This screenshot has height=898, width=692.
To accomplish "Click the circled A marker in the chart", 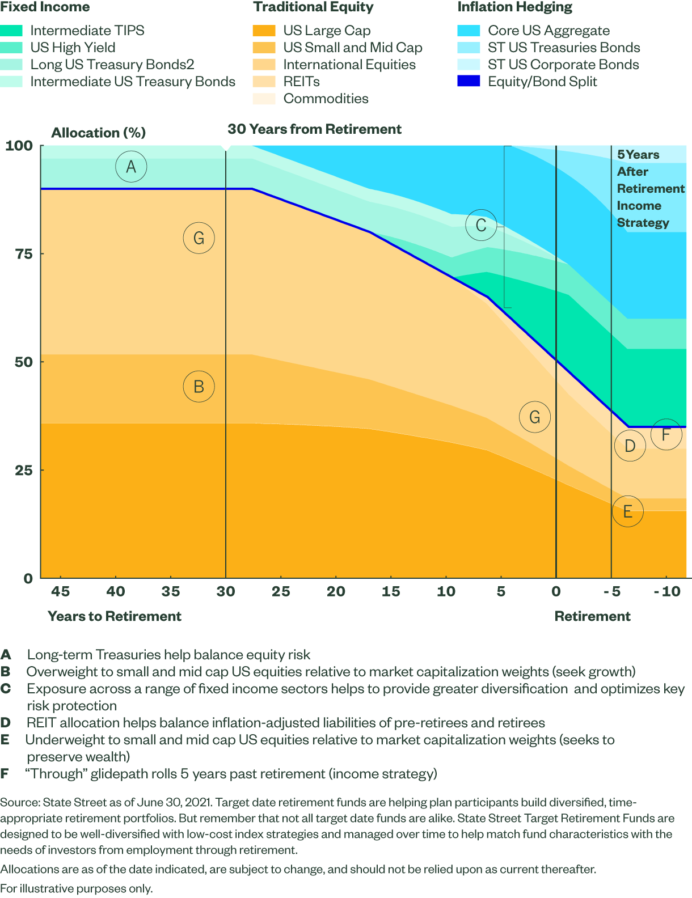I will coord(131,167).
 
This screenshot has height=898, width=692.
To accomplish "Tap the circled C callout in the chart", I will coord(481,225).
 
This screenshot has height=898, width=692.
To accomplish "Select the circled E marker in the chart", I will coord(628,511).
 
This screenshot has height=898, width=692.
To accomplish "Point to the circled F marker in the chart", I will coord(666,434).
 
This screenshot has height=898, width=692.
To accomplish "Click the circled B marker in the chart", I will coord(199,387).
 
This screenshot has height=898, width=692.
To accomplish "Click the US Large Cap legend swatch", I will coord(264,31).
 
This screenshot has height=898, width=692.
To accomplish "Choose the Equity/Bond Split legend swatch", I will coord(469,82).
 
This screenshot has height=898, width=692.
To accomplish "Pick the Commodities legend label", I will coord(326,99).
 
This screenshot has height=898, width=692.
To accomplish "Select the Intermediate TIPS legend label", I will coord(87,31).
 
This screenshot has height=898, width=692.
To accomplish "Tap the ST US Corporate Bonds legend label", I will coord(563,65).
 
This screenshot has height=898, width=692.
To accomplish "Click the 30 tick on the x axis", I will coord(226,592).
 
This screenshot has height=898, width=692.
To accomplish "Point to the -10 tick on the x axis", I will coord(667,592).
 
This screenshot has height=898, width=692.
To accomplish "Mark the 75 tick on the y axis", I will coord(24,254).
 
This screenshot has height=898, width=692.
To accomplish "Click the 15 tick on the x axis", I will coord(391,592).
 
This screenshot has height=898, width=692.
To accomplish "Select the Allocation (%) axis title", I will coord(99,133).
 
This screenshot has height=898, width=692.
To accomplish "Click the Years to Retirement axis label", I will coord(115,616).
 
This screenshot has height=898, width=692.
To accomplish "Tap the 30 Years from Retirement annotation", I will coord(314,129).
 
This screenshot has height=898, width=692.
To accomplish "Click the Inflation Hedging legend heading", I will coord(515,7).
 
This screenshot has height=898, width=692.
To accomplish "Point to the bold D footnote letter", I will coord(6,723).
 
